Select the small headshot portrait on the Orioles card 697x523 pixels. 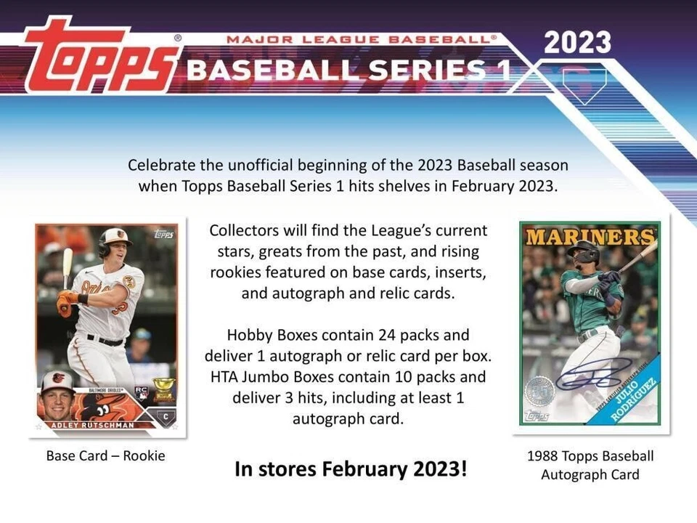coord(57,393)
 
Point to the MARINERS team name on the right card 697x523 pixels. coord(590,237)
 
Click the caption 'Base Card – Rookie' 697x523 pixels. coord(105,456)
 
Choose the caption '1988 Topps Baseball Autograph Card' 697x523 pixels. coord(590,466)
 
